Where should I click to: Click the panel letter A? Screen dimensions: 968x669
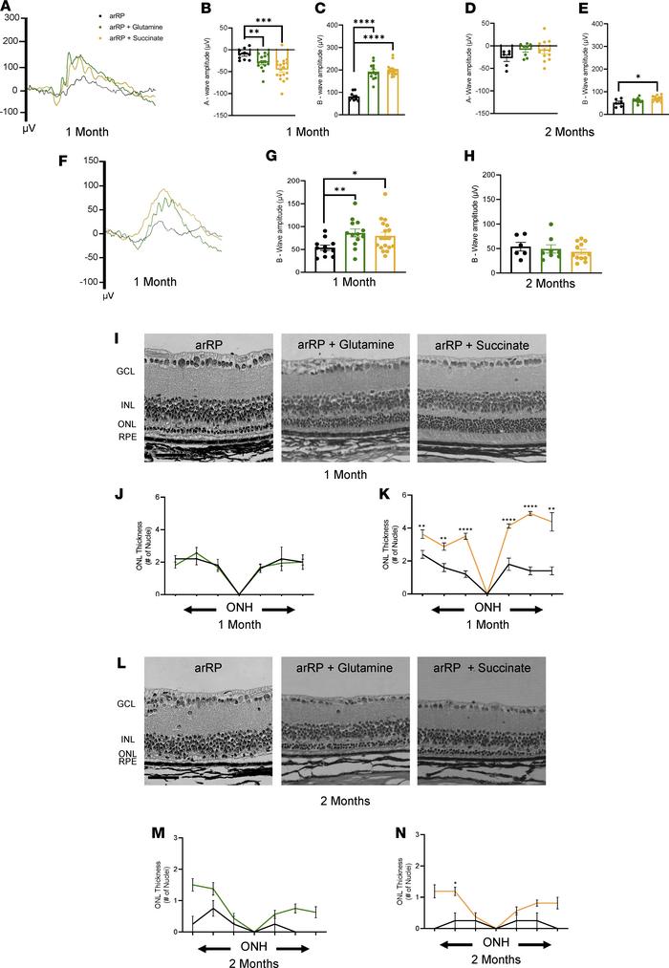[8, 9]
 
